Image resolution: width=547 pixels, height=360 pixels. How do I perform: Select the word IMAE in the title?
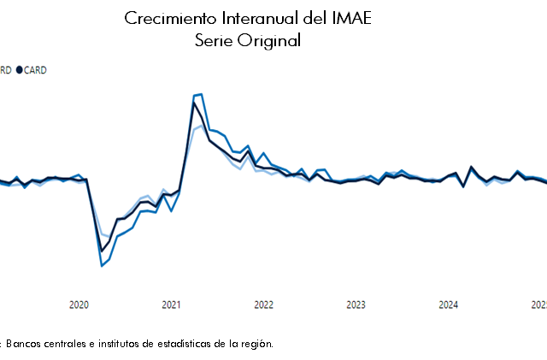(350, 19)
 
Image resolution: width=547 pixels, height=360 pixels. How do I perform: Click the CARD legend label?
(35, 70)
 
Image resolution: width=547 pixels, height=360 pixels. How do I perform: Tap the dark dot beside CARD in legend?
(19, 70)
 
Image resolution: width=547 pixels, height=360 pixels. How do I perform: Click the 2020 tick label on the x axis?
(79, 304)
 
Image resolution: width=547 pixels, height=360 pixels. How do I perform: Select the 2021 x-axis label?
(171, 304)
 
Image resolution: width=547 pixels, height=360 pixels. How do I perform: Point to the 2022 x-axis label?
(263, 304)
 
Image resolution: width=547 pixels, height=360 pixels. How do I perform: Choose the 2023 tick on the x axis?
(356, 304)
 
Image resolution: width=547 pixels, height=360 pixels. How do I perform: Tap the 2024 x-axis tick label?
(448, 304)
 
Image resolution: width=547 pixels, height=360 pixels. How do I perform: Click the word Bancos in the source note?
(25, 343)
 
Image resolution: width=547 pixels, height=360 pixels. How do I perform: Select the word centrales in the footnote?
(67, 343)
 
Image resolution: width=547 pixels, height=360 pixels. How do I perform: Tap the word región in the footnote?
(256, 343)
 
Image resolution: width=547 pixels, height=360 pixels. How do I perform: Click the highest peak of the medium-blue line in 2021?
(201, 94)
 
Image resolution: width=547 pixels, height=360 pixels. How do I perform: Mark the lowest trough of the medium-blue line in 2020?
(102, 266)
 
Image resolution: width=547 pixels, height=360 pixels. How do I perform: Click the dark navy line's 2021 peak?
(194, 103)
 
